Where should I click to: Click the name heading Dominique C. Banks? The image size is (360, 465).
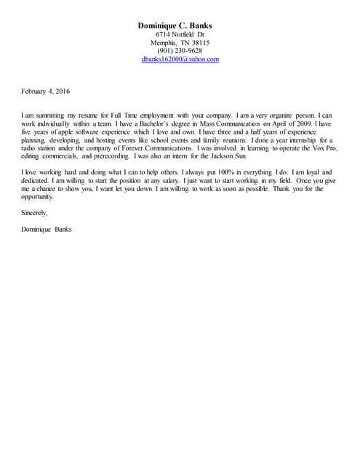click(x=180, y=25)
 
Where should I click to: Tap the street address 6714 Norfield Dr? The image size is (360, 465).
click(x=180, y=34)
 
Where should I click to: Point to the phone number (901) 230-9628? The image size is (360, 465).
click(x=180, y=51)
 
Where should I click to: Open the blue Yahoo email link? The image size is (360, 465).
click(x=180, y=60)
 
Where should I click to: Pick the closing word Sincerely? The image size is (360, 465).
click(x=35, y=213)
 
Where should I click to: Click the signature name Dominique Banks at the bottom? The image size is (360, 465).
click(x=47, y=230)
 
